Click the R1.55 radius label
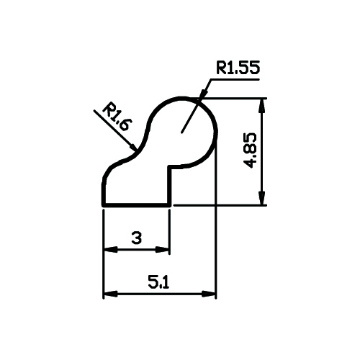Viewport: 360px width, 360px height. coord(238,68)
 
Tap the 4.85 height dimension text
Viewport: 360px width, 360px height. coord(250,150)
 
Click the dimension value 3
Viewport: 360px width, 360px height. coord(137,238)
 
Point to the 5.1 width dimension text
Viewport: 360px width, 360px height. coord(158,282)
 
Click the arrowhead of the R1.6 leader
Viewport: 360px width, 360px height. coord(132,146)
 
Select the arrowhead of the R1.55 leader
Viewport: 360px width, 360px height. coord(203,94)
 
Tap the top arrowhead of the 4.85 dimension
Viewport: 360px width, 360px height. coord(262,105)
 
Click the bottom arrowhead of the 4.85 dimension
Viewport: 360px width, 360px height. coord(262,198)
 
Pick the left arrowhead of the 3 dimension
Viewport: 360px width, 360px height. coord(110,249)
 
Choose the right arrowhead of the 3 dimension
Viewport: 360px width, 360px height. coord(163,250)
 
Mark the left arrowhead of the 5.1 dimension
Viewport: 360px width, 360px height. coord(110,294)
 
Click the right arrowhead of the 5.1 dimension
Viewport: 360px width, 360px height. coord(209,294)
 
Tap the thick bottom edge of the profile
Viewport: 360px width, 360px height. coord(137,205)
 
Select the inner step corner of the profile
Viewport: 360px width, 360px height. coord(170,167)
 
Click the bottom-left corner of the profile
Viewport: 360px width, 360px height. coord(104,205)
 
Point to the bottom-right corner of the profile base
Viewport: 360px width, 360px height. coord(170,205)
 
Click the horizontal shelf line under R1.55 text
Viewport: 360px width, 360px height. coord(235,79)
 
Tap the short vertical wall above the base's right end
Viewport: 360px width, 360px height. coord(170,185)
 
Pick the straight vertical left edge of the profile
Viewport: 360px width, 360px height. coord(104,194)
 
